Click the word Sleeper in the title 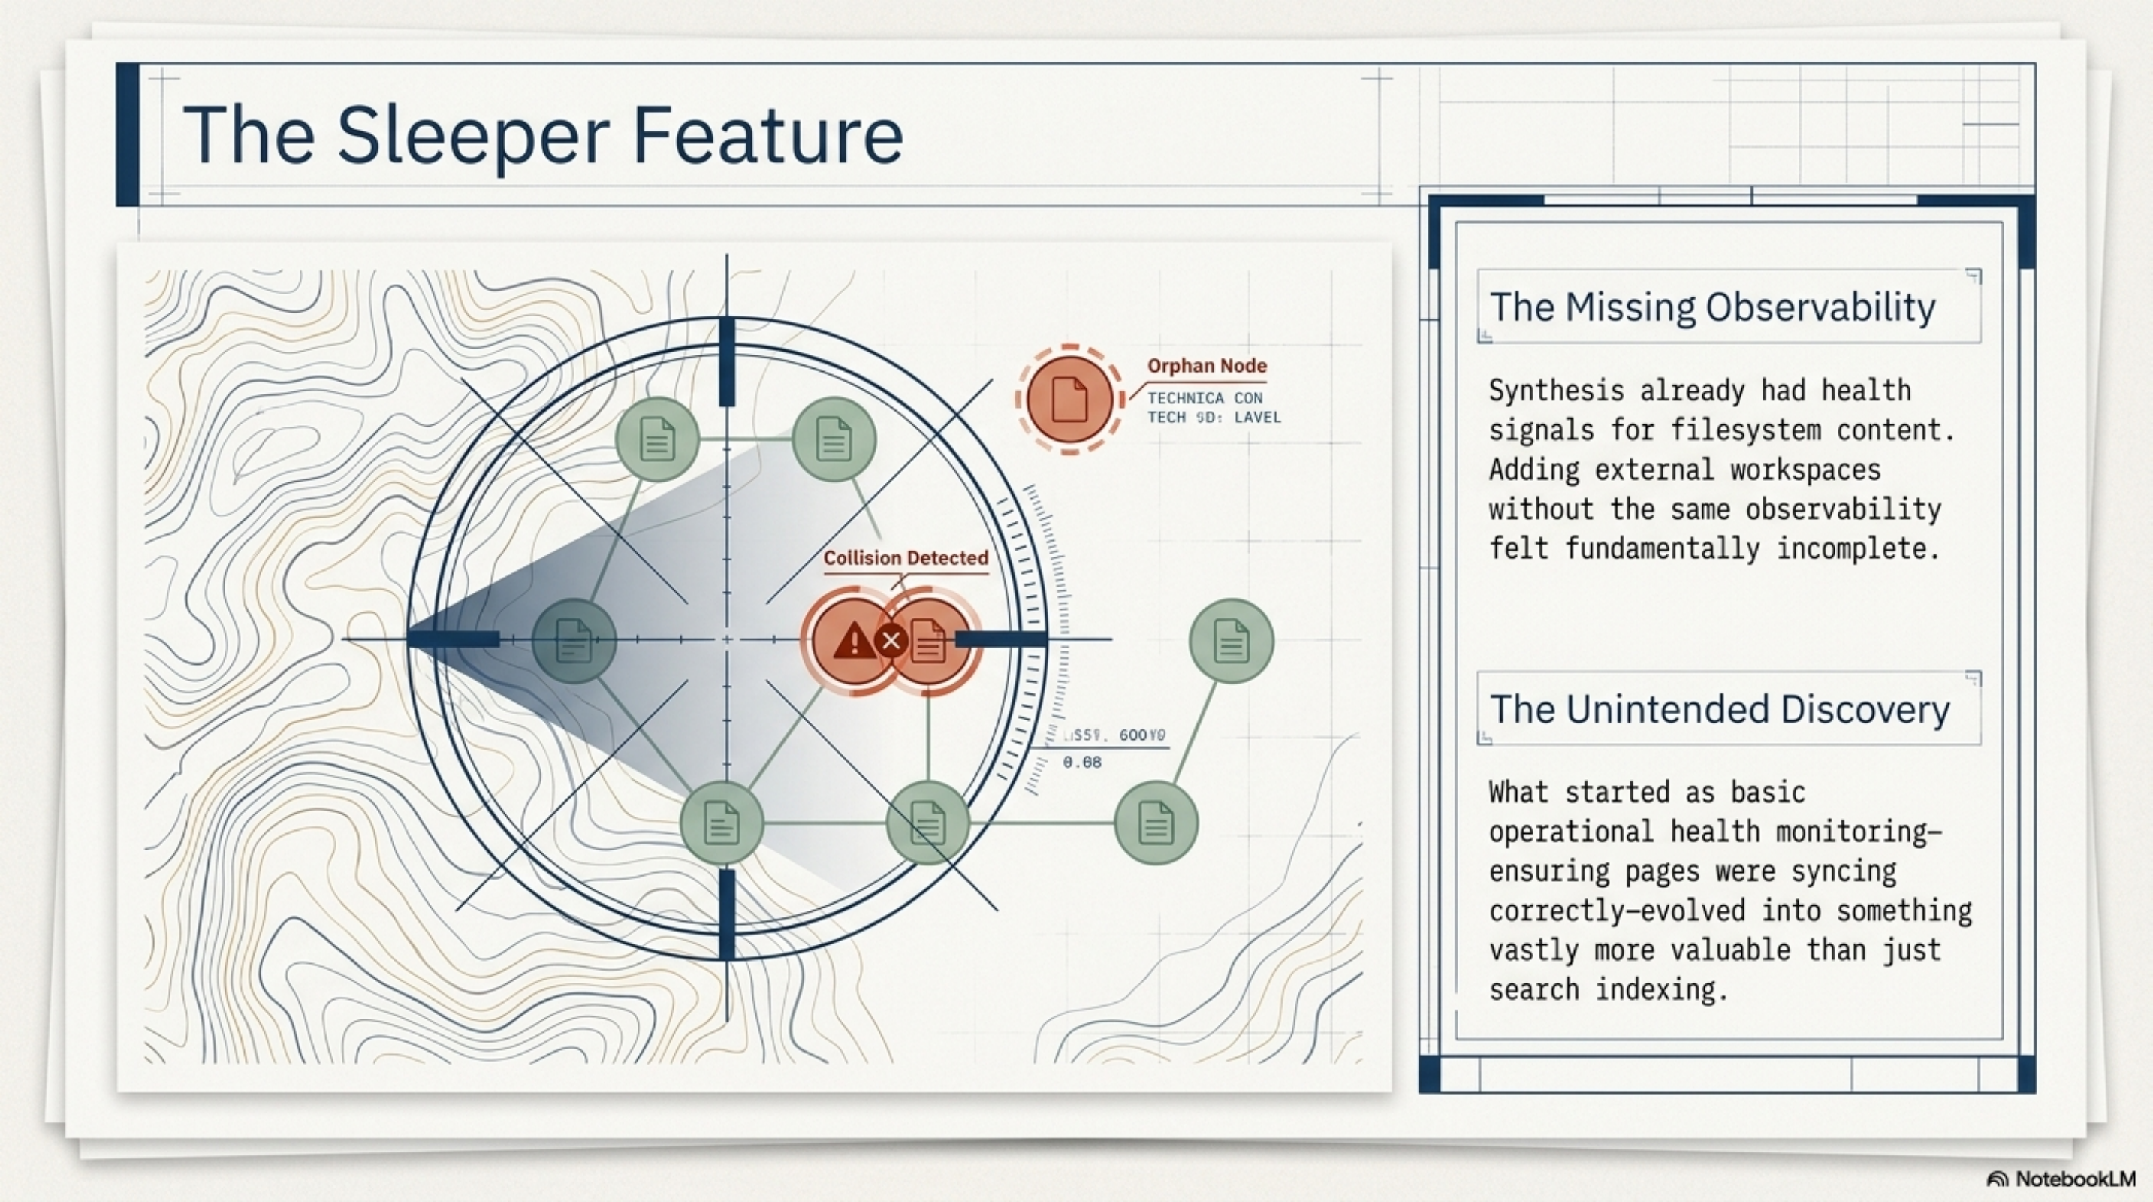(x=472, y=135)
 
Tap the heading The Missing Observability (x=1711, y=307)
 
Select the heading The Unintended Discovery (x=1719, y=710)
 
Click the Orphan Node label (x=1206, y=365)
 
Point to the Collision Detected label (x=905, y=557)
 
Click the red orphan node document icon (x=1069, y=400)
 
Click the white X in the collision (x=891, y=641)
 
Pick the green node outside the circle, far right (x=1230, y=640)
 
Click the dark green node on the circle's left (x=573, y=640)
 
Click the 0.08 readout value (x=1081, y=763)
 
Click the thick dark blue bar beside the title (x=128, y=134)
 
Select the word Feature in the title (x=767, y=135)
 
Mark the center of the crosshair (x=727, y=639)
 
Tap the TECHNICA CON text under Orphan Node (x=1205, y=398)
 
